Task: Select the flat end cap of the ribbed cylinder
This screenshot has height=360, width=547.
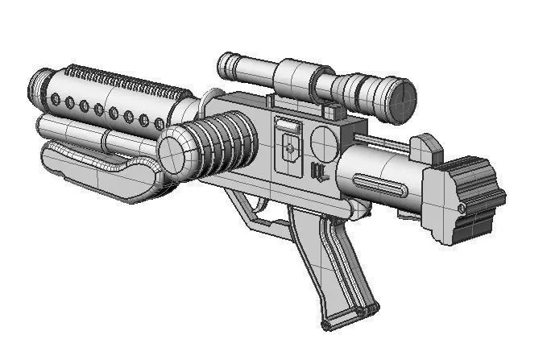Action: pyautogui.click(x=172, y=151)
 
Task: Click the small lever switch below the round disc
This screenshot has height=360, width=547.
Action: pyautogui.click(x=317, y=172)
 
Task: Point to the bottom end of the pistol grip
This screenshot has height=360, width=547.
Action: pyautogui.click(x=348, y=321)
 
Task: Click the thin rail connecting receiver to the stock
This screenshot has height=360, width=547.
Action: pyautogui.click(x=387, y=145)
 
